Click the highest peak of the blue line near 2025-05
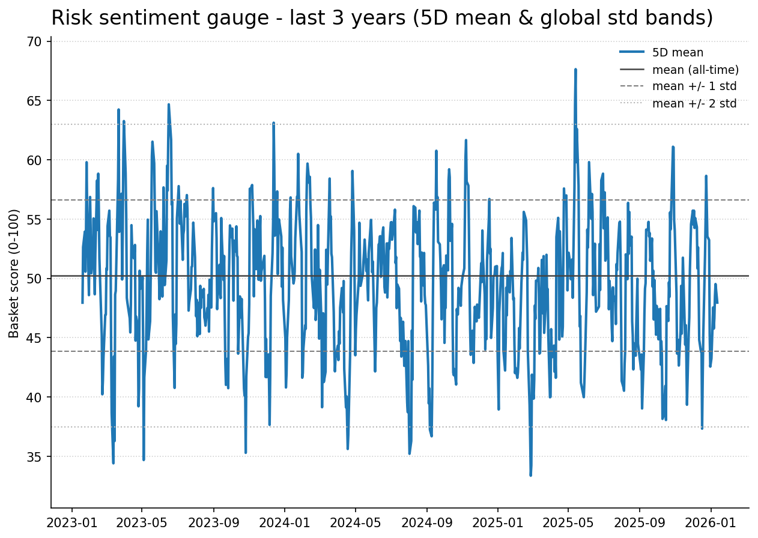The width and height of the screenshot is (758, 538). coord(575,70)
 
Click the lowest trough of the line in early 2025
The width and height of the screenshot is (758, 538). coord(530,475)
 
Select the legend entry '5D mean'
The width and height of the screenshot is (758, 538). coord(678,53)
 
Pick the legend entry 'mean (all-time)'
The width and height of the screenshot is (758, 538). coord(695,70)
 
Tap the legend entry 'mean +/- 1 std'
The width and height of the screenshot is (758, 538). coord(694,86)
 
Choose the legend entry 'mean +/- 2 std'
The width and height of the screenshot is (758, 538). coord(694,103)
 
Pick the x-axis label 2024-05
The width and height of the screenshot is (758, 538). coord(355,522)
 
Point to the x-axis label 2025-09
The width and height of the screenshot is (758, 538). coord(639,522)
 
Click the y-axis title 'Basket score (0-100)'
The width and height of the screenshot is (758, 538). coord(14,273)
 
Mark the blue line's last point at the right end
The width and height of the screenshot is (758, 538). coord(717,303)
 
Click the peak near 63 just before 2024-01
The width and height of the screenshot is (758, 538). coord(273,123)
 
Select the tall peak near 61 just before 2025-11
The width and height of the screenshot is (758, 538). coord(673,147)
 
